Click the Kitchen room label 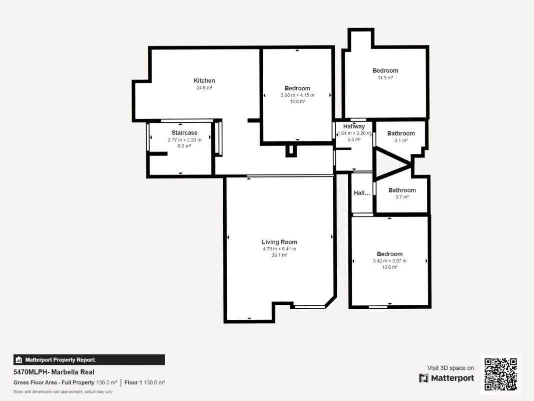pos(204,81)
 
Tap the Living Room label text pos(279,242)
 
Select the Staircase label pos(184,133)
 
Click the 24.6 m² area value pos(204,88)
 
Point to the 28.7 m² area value pos(279,255)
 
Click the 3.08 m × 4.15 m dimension pos(297,95)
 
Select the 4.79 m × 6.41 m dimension pos(279,249)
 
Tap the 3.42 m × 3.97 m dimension pos(389,261)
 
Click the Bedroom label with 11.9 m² pos(385,71)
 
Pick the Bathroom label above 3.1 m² pos(401,133)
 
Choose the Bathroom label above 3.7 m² pos(402,190)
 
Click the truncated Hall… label pos(362,193)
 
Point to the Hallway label pos(354,126)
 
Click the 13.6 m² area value pos(389,267)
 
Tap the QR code pos(500,374)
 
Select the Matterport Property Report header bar pos(89,360)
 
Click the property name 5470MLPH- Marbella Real pos(54,372)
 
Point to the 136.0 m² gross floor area pos(107,382)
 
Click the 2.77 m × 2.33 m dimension pos(184,140)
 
